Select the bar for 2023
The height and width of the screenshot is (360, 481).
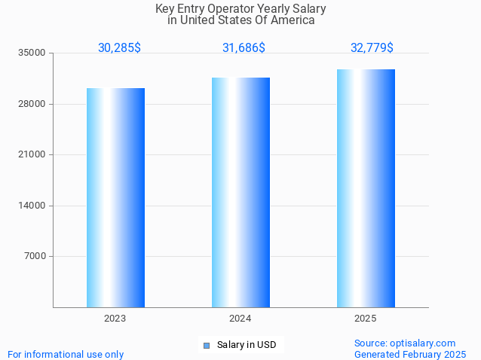click(x=115, y=197)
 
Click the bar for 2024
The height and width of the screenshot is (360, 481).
click(x=240, y=192)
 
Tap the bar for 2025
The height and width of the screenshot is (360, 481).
click(x=366, y=188)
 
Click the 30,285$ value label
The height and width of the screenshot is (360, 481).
click(x=119, y=48)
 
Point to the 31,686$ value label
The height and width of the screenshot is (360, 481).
click(x=244, y=48)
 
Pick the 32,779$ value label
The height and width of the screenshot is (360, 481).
click(x=372, y=48)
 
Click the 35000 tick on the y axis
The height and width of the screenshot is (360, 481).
click(x=32, y=53)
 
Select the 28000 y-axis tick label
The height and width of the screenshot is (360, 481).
click(x=32, y=104)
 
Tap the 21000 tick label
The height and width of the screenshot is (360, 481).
click(x=32, y=154)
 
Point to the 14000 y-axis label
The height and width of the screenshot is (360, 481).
click(x=32, y=206)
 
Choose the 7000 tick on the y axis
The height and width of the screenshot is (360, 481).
click(x=35, y=256)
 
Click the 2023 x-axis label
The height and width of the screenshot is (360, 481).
click(x=115, y=319)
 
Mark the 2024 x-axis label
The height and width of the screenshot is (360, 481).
click(x=240, y=319)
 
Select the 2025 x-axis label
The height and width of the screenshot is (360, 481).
click(x=366, y=319)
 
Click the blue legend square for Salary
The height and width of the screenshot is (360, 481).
click(x=206, y=346)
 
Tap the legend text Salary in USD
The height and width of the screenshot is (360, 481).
click(x=247, y=346)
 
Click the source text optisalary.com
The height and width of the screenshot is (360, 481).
click(x=405, y=343)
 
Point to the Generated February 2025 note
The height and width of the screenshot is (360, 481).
click(x=410, y=354)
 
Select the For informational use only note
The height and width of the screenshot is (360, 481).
click(x=66, y=354)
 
